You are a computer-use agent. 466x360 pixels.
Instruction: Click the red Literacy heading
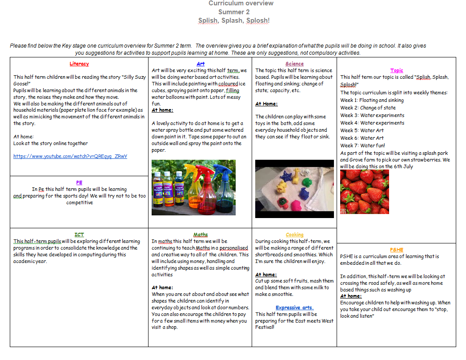click(79, 64)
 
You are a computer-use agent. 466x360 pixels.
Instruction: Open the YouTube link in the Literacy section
click(70, 156)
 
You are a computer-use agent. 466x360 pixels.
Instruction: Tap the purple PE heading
click(79, 182)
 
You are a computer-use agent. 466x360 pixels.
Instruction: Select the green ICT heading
click(79, 235)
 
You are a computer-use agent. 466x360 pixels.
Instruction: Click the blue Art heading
click(201, 64)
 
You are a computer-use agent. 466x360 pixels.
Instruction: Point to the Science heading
click(294, 64)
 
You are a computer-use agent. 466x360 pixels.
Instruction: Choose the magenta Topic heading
click(397, 70)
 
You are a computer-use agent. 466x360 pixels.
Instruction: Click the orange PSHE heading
click(397, 250)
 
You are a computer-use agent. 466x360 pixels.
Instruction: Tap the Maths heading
click(201, 235)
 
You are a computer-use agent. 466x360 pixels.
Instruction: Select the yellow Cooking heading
click(294, 235)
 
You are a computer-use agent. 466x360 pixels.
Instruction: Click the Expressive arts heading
click(294, 307)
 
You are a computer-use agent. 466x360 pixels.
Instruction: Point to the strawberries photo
click(365, 192)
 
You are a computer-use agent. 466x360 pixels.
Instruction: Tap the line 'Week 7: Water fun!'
click(363, 146)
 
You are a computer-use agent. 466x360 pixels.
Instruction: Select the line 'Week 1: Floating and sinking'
click(372, 100)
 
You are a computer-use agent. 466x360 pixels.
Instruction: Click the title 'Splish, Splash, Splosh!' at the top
click(234, 20)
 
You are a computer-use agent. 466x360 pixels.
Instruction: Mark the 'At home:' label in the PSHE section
click(351, 296)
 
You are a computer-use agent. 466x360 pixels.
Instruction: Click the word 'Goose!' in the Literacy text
click(23, 83)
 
